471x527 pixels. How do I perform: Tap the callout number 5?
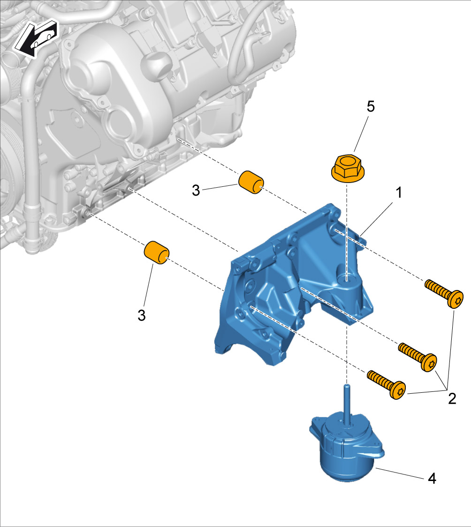coord(371,107)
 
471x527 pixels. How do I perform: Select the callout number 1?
coord(399,192)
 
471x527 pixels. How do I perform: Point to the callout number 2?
coord(452,398)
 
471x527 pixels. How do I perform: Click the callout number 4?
coord(432,478)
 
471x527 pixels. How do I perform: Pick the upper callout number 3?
coord(196,190)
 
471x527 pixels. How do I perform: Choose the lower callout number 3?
coord(141,315)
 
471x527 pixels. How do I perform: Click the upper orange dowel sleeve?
coord(251,182)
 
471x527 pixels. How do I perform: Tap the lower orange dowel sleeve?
coord(157,252)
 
